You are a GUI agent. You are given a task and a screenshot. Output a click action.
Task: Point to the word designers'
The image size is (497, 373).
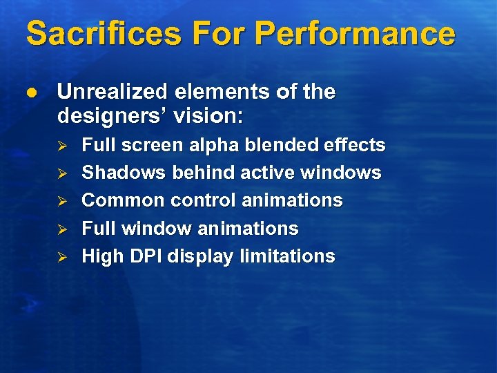112,117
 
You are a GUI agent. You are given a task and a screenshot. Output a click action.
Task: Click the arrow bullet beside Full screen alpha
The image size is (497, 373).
61,146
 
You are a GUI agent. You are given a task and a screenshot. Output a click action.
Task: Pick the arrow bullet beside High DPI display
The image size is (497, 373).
61,257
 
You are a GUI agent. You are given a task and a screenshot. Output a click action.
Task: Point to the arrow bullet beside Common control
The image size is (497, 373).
61,201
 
